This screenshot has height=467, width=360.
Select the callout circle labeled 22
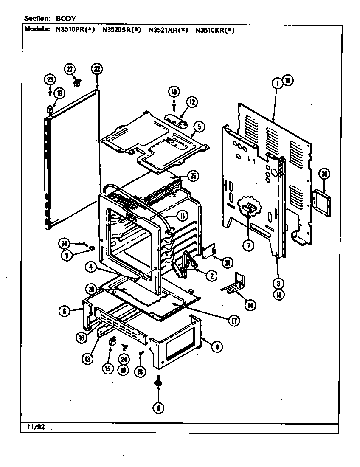pyautogui.click(x=97, y=69)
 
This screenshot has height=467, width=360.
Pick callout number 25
pyautogui.click(x=193, y=176)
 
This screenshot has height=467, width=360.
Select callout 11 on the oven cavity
pyautogui.click(x=182, y=216)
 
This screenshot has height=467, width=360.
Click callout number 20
pyautogui.click(x=325, y=174)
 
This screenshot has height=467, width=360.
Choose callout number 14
pyautogui.click(x=250, y=305)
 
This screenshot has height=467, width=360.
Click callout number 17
pyautogui.click(x=233, y=321)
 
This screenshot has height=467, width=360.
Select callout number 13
pyautogui.click(x=87, y=359)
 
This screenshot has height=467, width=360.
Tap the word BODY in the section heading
pyautogui.click(x=66, y=18)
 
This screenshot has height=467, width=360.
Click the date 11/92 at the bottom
pyautogui.click(x=34, y=428)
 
